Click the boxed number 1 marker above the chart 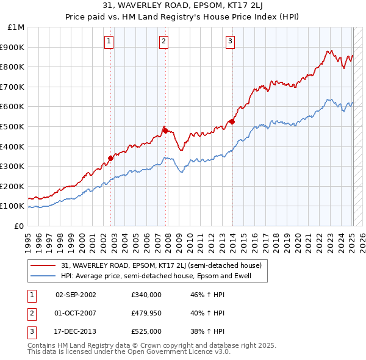[109, 41]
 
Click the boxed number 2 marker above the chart [164, 41]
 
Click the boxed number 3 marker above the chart [230, 41]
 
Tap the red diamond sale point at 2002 [110, 158]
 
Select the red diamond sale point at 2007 [165, 130]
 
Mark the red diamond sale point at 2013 [232, 121]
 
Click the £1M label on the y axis [16, 27]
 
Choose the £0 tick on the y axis [20, 226]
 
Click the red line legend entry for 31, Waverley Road [161, 265]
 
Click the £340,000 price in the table [146, 294]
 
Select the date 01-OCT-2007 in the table [76, 313]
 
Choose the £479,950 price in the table [146, 313]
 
